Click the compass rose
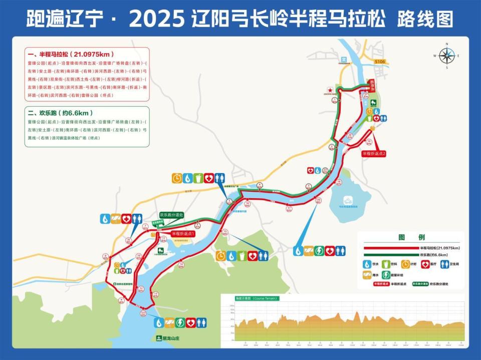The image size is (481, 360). pyautogui.click(x=446, y=55)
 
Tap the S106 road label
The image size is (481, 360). pyautogui.click(x=380, y=62)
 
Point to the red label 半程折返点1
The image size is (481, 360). pyautogui.click(x=182, y=233)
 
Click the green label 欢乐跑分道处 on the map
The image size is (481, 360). pyautogui.click(x=171, y=215)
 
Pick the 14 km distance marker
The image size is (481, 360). pyautogui.click(x=181, y=264)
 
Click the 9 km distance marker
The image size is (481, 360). pyautogui.click(x=122, y=300)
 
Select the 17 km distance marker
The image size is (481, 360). pyautogui.click(x=289, y=208)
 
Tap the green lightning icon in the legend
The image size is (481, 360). pyautogui.click(x=386, y=274)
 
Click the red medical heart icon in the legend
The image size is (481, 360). pyautogui.click(x=425, y=264)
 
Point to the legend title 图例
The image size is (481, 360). pyautogui.click(x=411, y=237)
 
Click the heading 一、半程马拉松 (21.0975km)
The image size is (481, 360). pyautogui.click(x=70, y=54)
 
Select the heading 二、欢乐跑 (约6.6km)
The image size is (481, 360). pyautogui.click(x=60, y=113)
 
